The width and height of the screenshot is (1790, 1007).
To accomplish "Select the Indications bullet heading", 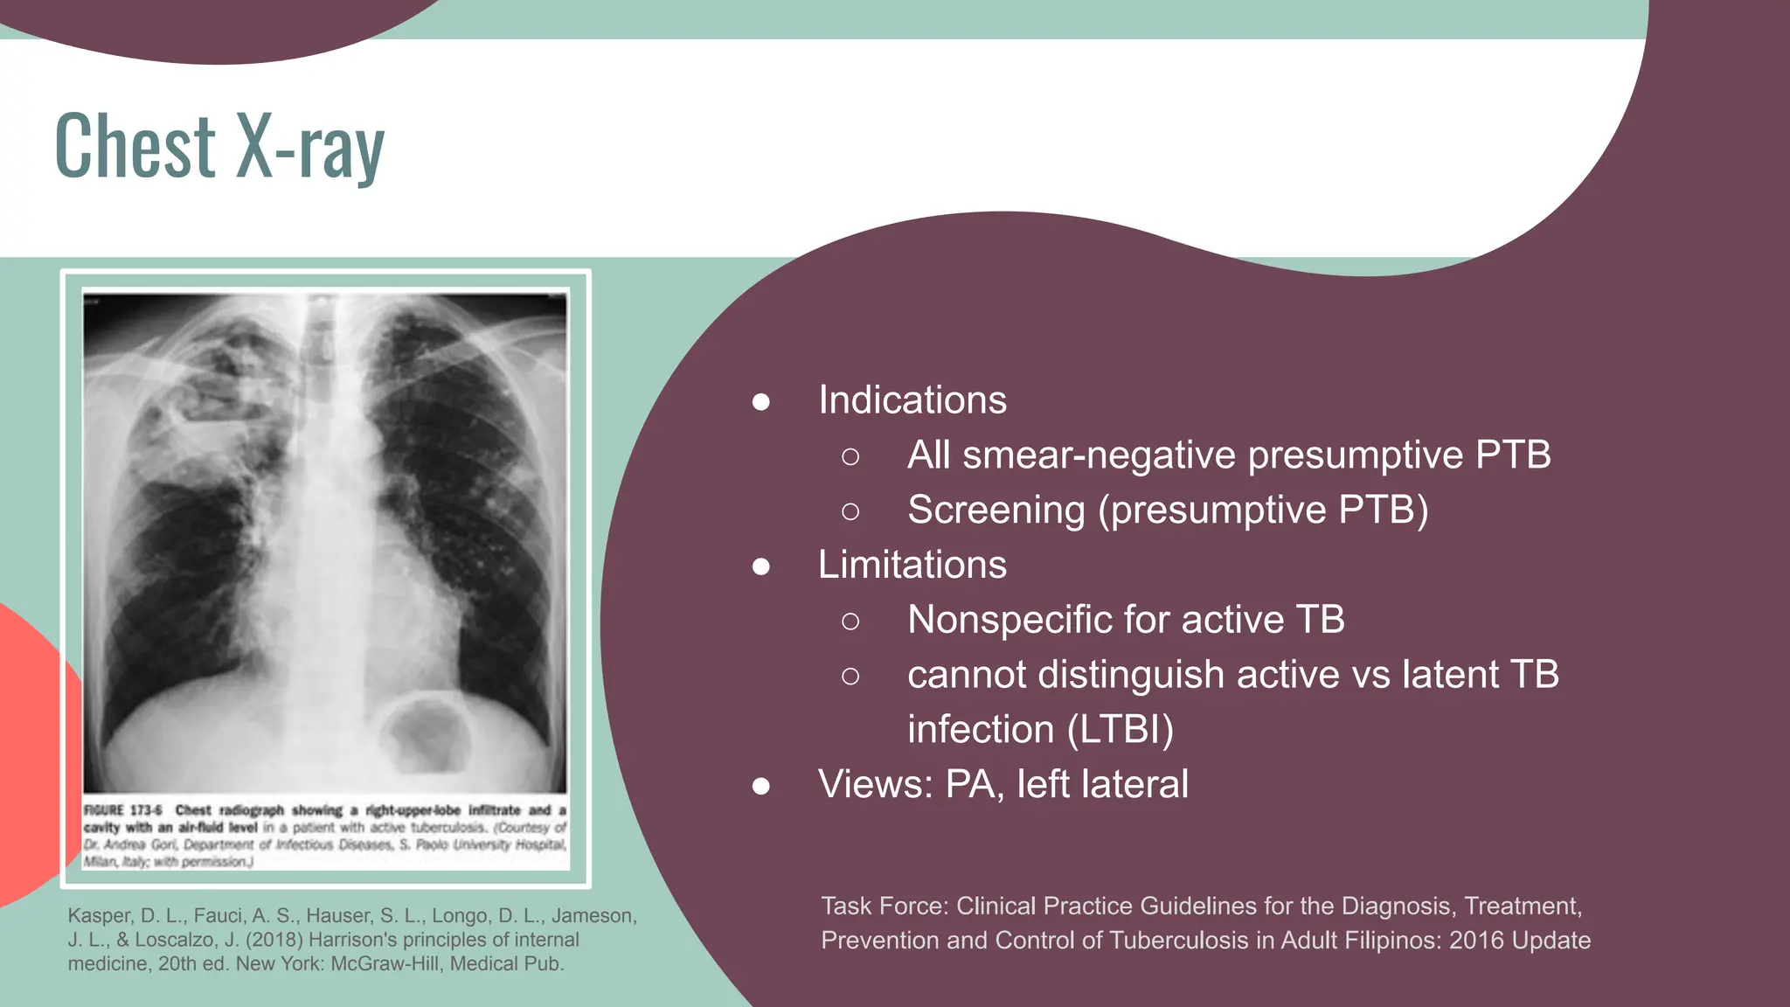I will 912,400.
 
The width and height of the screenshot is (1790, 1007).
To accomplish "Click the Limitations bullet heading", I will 912,565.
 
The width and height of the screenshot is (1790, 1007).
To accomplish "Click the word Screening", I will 996,510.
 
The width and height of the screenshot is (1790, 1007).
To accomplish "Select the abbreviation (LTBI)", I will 1120,730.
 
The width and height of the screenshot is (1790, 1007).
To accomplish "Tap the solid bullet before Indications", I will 761,402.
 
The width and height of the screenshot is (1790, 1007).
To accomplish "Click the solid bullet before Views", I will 761,786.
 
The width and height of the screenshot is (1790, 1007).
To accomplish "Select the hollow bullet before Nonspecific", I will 850,622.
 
